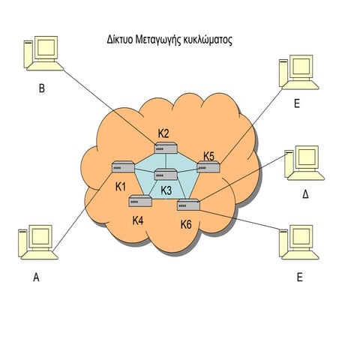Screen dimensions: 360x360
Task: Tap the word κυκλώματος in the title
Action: point(208,40)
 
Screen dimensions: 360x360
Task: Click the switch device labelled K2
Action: point(166,148)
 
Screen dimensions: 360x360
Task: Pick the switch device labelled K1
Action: point(123,166)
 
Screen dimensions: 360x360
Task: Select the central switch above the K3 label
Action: point(166,174)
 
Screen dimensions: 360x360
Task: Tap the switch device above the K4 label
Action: point(140,201)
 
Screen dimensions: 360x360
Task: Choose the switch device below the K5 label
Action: point(208,166)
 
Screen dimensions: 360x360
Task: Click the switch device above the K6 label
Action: point(189,205)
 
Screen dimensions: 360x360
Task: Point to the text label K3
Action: point(166,190)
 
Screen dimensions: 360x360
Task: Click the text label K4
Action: point(138,220)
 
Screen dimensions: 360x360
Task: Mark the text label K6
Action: point(186,224)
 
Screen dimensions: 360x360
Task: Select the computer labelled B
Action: point(43,53)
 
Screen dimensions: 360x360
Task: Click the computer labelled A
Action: point(38,242)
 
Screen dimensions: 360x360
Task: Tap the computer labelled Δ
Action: point(304,163)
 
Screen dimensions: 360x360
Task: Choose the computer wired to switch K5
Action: point(299,72)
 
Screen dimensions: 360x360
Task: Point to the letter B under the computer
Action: point(42,88)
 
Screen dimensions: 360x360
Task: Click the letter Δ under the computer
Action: point(305,194)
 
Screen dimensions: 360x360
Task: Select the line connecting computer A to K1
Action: point(82,211)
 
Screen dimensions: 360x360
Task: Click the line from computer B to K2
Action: point(109,106)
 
